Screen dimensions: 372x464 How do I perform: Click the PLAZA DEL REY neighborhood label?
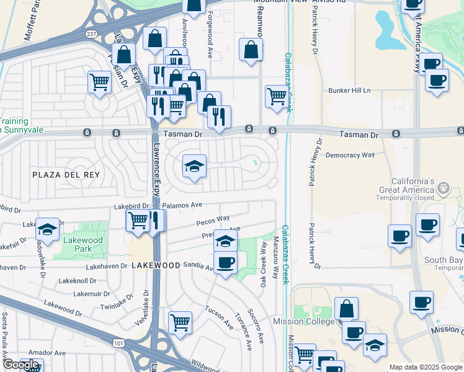tap(66, 175)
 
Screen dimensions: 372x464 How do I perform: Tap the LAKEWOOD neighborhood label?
tap(156, 265)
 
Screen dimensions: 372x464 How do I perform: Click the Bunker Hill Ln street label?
tap(349, 90)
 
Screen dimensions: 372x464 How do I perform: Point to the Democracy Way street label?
tap(350, 155)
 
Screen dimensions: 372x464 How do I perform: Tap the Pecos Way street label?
tap(213, 219)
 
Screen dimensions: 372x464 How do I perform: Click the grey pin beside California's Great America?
tap(443, 187)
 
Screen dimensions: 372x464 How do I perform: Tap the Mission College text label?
tap(304, 321)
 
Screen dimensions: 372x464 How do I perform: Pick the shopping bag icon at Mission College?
tap(346, 308)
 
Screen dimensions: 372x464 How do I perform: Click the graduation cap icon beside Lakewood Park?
tap(47, 229)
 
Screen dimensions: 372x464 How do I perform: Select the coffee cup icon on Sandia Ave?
tap(225, 262)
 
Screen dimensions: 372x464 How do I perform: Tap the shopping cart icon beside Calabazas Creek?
tap(277, 96)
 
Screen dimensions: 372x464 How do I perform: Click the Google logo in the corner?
tap(20, 365)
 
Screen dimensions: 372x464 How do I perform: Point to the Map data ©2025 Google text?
tap(425, 367)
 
